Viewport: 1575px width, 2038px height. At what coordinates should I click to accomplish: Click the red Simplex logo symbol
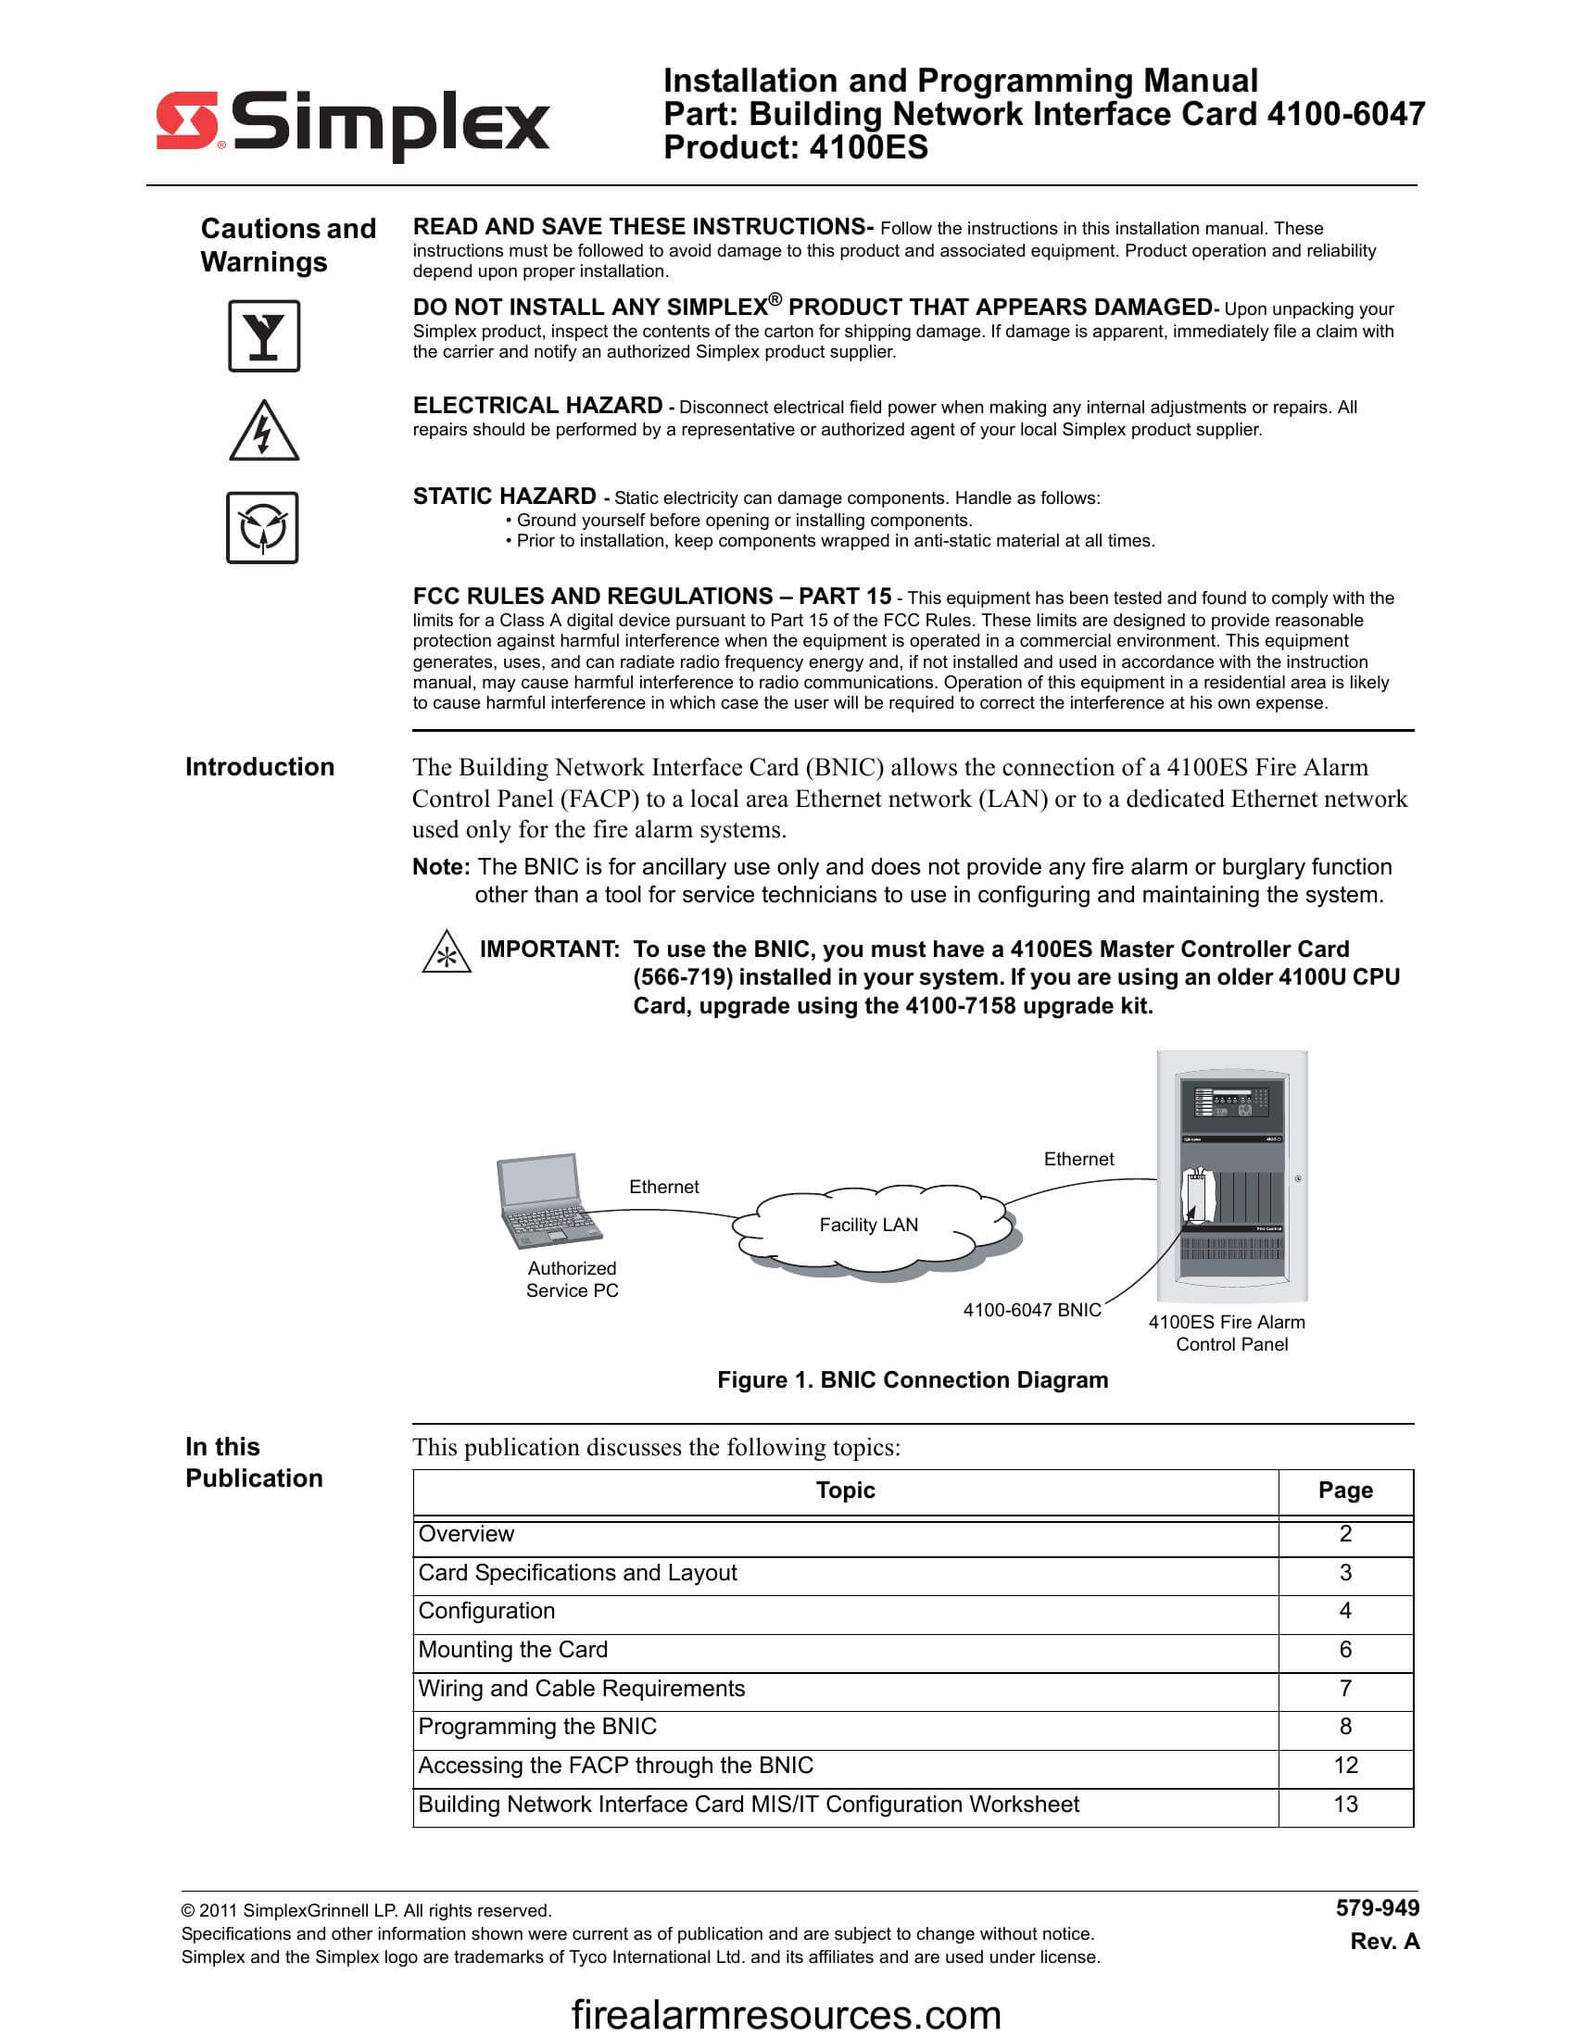click(186, 120)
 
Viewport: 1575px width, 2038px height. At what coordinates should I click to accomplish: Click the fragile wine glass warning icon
click(264, 336)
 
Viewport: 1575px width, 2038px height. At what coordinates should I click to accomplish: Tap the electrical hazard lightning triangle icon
click(264, 432)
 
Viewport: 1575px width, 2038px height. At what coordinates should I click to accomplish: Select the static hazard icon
click(262, 528)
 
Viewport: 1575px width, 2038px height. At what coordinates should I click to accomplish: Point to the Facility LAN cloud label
click(868, 1225)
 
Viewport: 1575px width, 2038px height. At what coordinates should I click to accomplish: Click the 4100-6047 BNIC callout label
click(1031, 1310)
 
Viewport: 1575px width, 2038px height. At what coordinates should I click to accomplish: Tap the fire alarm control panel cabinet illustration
click(1231, 1176)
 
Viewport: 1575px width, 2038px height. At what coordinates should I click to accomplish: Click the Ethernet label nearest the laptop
click(663, 1186)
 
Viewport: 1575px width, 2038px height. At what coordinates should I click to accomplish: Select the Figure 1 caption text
click(912, 1380)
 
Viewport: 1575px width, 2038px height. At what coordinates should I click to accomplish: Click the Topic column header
click(844, 1491)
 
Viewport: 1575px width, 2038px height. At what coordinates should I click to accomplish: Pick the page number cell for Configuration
click(1344, 1611)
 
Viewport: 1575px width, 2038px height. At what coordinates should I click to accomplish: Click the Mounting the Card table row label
click(512, 1650)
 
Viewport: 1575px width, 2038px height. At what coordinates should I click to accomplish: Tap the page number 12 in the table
click(1344, 1766)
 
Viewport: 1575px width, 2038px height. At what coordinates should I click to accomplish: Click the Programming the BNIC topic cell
click(536, 1727)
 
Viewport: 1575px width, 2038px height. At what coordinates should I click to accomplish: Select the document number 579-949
click(1376, 1908)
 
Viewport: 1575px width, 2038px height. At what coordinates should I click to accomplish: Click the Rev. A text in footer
click(1384, 1941)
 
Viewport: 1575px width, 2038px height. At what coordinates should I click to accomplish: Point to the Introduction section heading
click(259, 767)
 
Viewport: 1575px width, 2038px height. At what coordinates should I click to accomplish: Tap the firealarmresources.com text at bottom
click(786, 2014)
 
